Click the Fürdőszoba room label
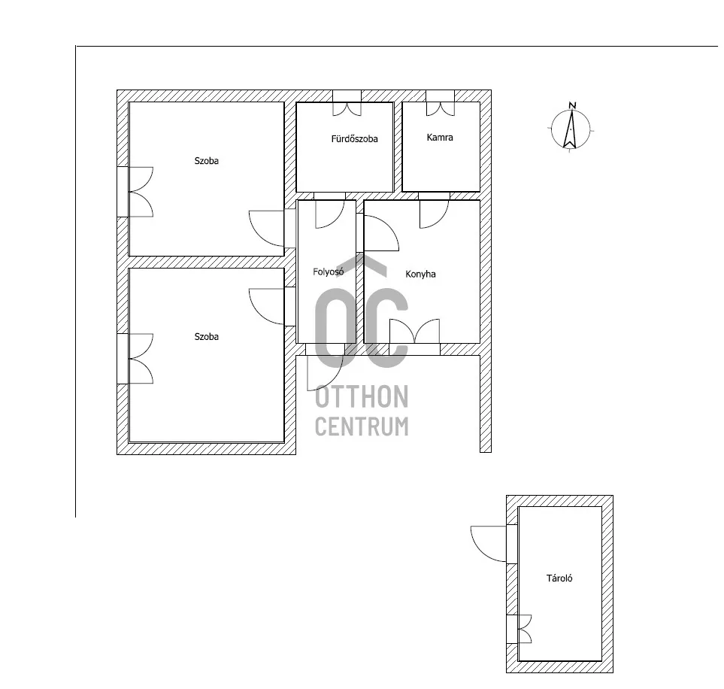coord(354,139)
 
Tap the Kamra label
coord(440,138)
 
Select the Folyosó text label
coord(329,272)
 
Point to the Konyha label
coord(420,274)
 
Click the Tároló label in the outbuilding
coord(559,578)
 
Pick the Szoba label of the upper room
coord(207,161)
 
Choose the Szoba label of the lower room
coord(207,336)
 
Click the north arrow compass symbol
coord(571,129)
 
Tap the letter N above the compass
coord(572,105)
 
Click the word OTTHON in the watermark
coord(362,397)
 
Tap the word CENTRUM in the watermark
coord(362,426)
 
